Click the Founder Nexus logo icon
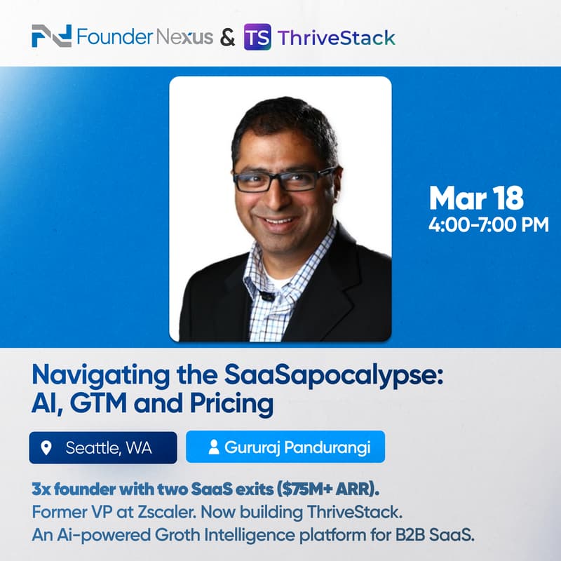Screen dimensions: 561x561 pyautogui.click(x=51, y=36)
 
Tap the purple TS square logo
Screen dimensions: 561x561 pyautogui.click(x=257, y=36)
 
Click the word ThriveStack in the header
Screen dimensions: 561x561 pyautogui.click(x=337, y=36)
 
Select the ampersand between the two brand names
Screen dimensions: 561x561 pyautogui.click(x=228, y=37)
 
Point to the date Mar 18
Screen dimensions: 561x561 pyautogui.click(x=476, y=198)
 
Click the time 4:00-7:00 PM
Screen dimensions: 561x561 pyautogui.click(x=488, y=226)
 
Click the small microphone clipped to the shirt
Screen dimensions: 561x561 pyautogui.click(x=267, y=296)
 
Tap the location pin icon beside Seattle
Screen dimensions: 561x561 pyautogui.click(x=46, y=447)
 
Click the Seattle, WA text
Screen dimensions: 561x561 pyautogui.click(x=109, y=447)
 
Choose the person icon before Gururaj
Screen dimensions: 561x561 pyautogui.click(x=214, y=447)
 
